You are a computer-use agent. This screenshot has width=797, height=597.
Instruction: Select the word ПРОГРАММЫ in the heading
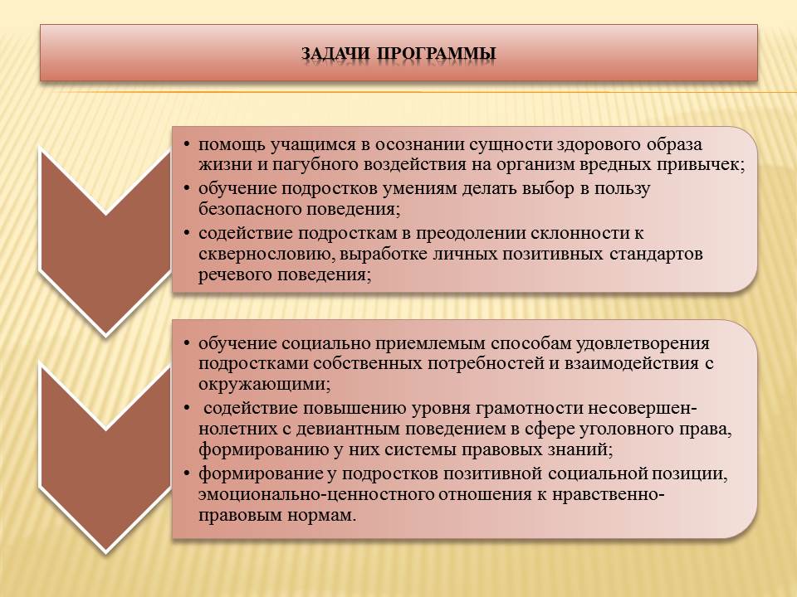coord(438,54)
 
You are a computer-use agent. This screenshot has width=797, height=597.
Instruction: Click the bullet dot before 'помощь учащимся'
coord(187,145)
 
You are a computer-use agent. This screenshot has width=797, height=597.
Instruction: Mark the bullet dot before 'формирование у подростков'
coord(187,474)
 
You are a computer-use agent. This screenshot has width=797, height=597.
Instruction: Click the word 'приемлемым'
coord(431,344)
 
